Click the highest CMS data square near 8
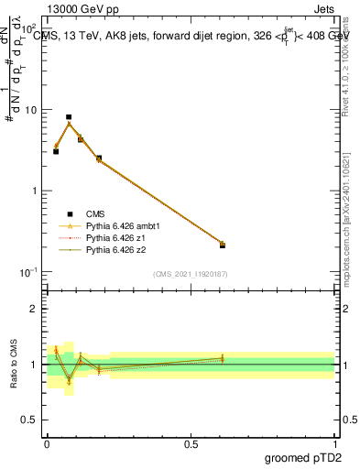pyautogui.click(x=69, y=117)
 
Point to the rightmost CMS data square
pyautogui.click(x=223, y=245)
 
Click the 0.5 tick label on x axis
pyautogui.click(x=191, y=444)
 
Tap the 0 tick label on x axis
pyautogui.click(x=47, y=444)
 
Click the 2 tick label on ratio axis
pyautogui.click(x=34, y=309)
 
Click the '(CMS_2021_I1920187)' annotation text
pyautogui.click(x=191, y=274)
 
